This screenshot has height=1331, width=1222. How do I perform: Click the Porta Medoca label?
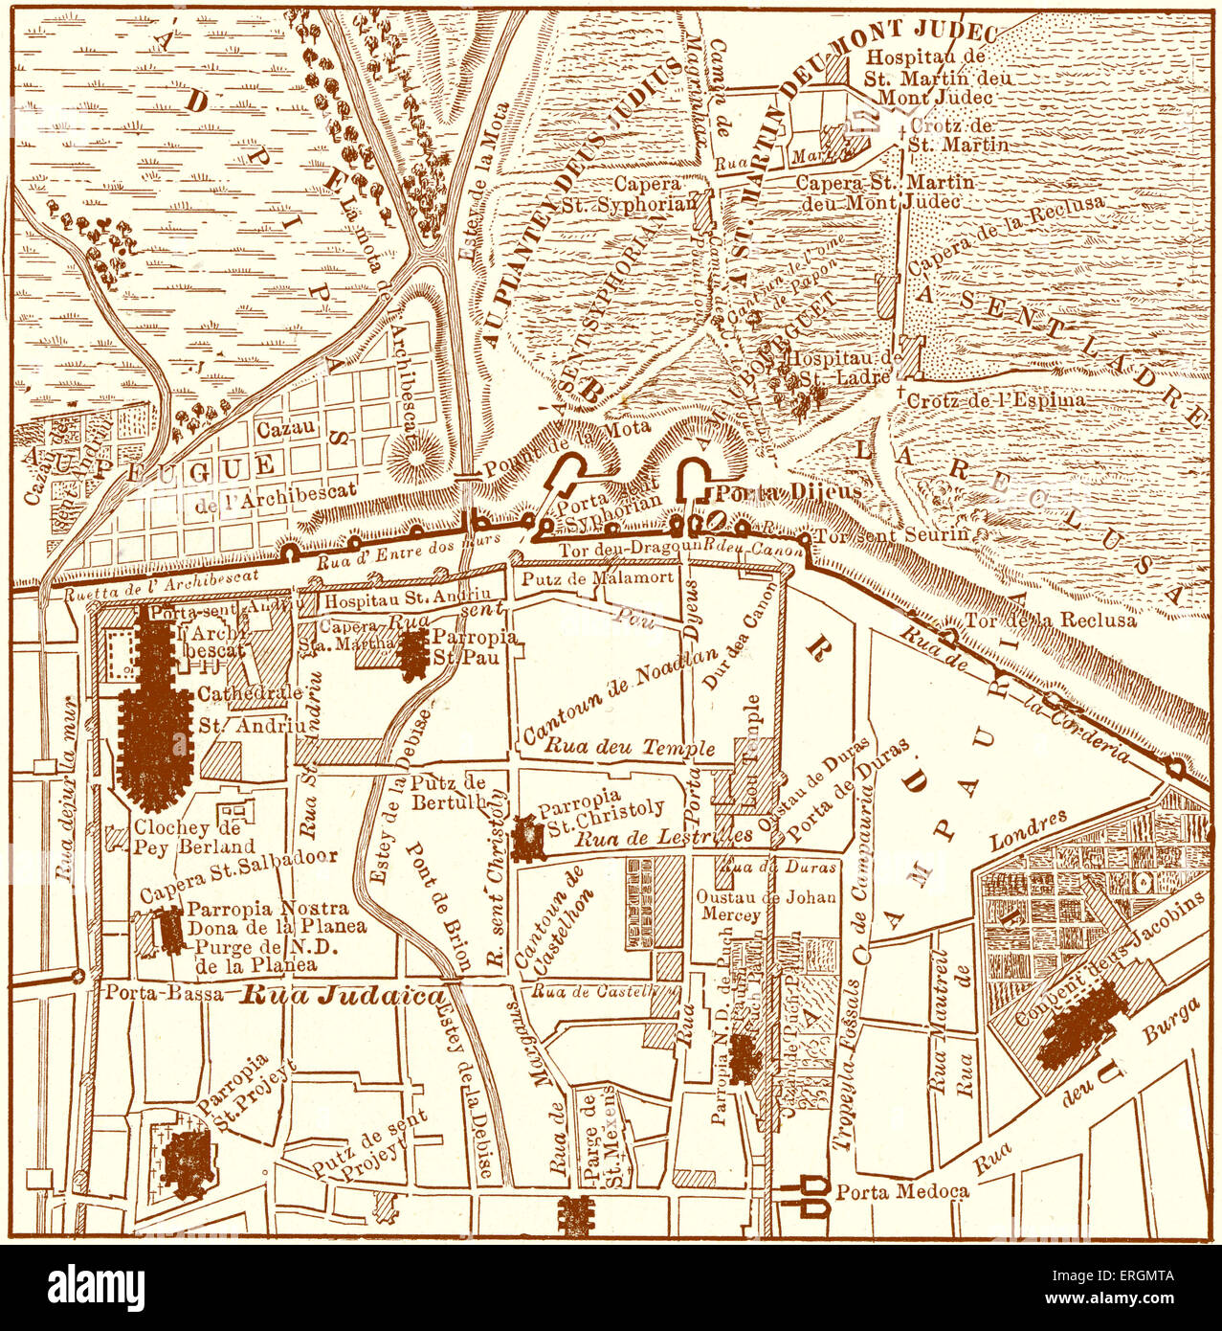click(x=902, y=1191)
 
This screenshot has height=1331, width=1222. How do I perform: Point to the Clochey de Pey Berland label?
click(x=194, y=837)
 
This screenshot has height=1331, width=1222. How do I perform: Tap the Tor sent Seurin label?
click(x=892, y=534)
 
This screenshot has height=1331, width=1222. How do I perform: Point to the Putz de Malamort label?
click(x=597, y=577)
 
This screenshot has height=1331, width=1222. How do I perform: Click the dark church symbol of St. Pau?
click(x=413, y=654)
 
